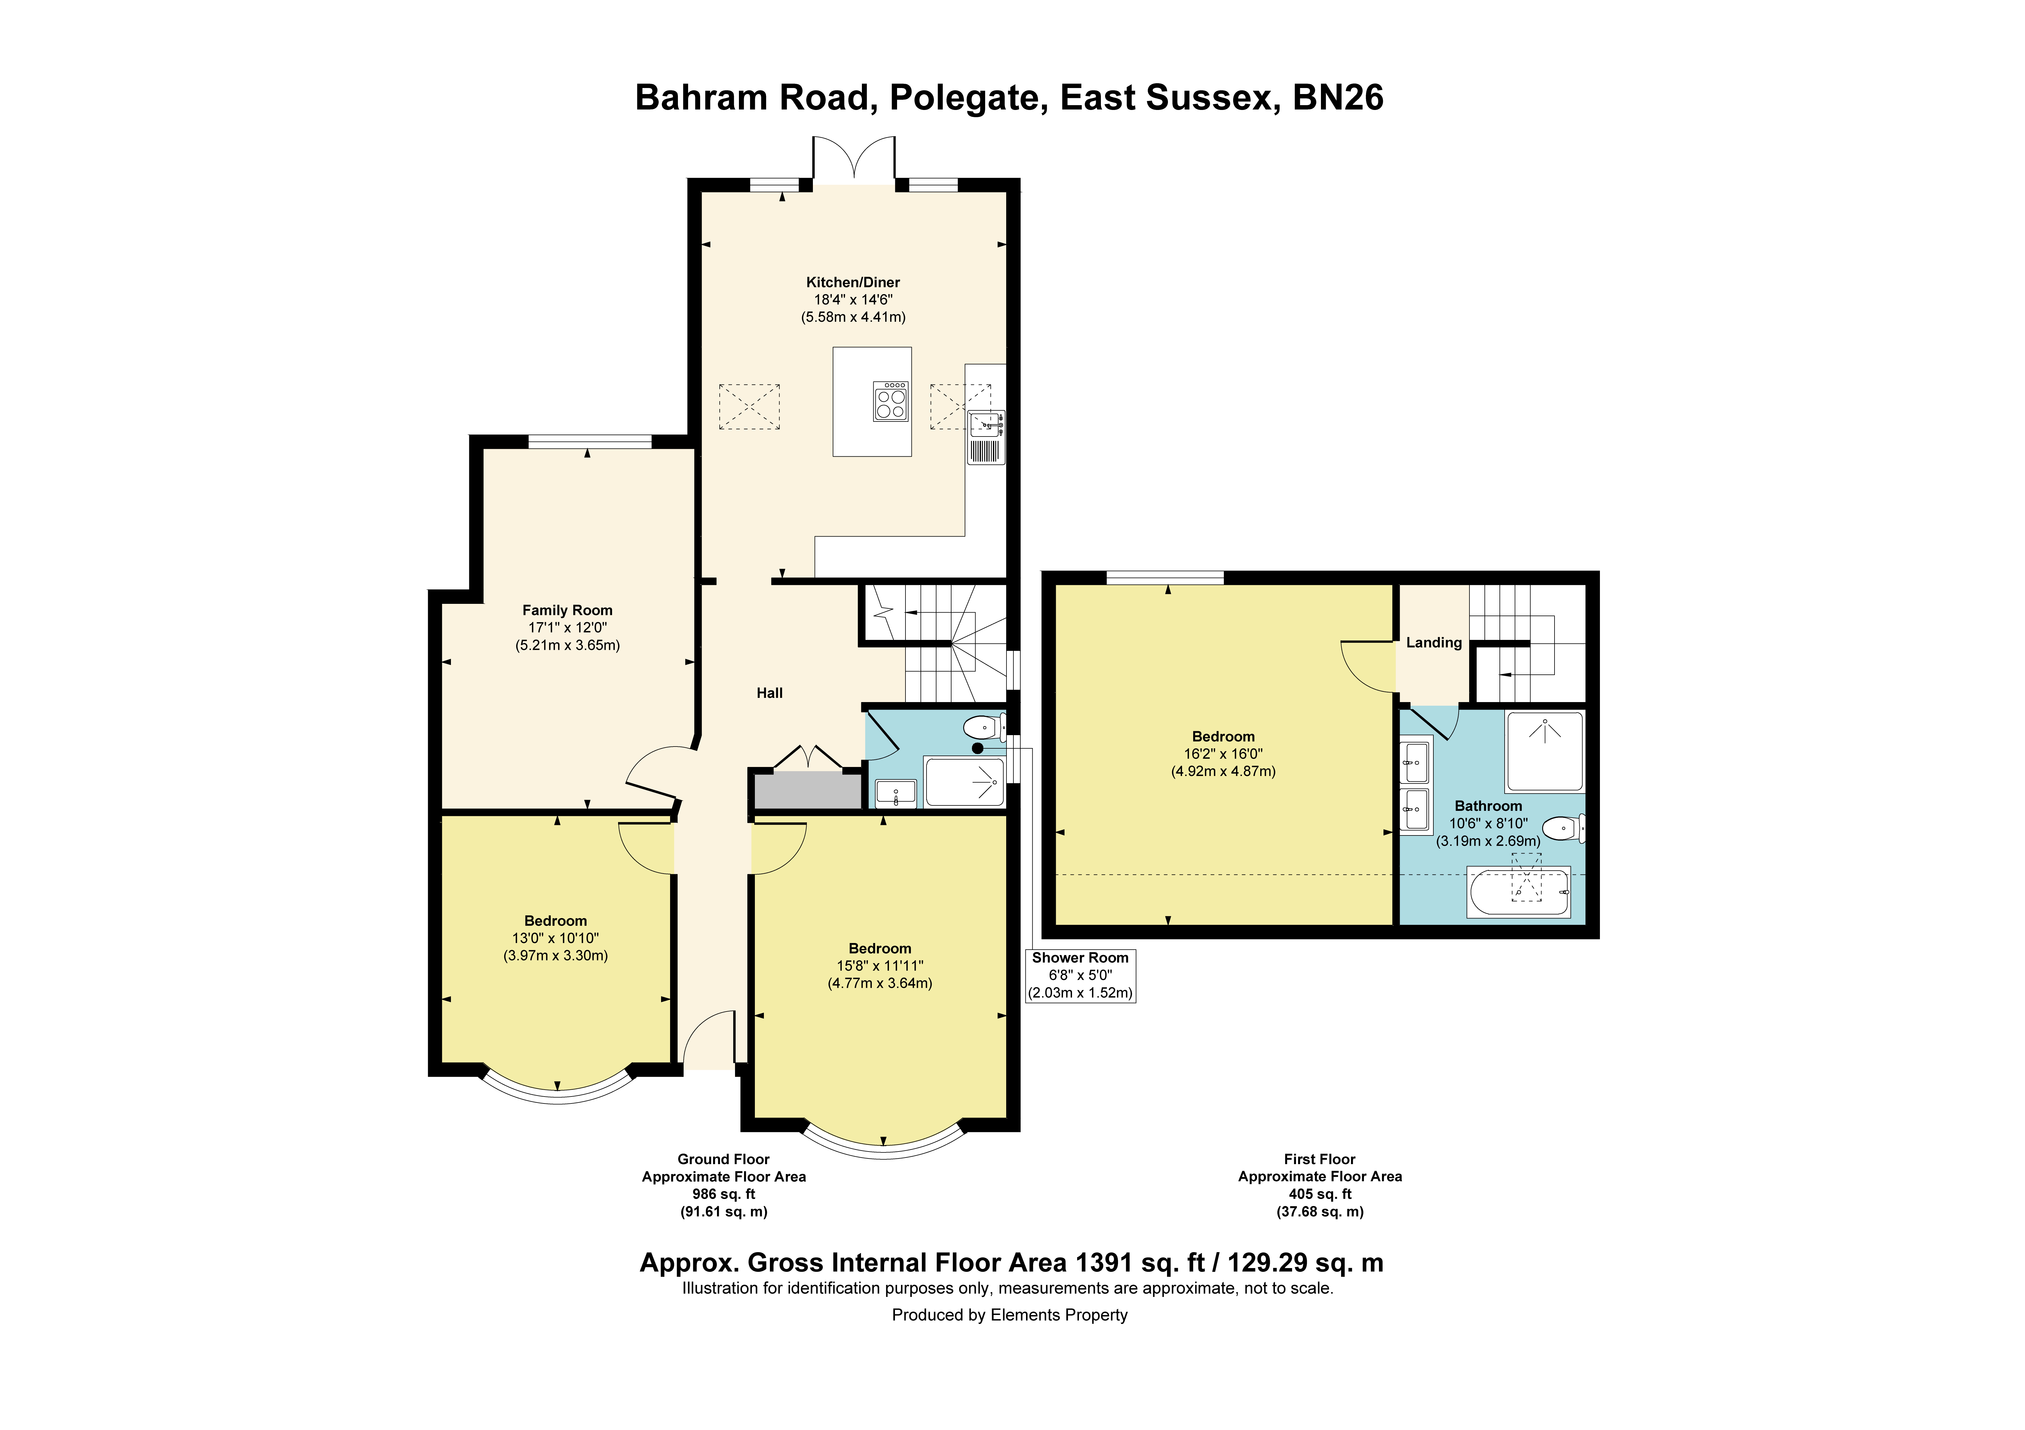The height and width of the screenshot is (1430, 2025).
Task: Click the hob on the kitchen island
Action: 891,401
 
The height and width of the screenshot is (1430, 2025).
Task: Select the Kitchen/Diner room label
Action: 853,282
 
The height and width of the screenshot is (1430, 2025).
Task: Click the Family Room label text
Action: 567,610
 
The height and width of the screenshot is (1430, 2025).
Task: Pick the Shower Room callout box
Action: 1080,975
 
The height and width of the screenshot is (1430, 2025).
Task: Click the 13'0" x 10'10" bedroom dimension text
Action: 556,938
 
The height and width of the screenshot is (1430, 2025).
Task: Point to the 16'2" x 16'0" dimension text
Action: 1223,754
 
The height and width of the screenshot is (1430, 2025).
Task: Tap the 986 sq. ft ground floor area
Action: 724,1194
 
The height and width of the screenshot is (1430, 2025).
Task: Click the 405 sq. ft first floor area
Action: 1320,1194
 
